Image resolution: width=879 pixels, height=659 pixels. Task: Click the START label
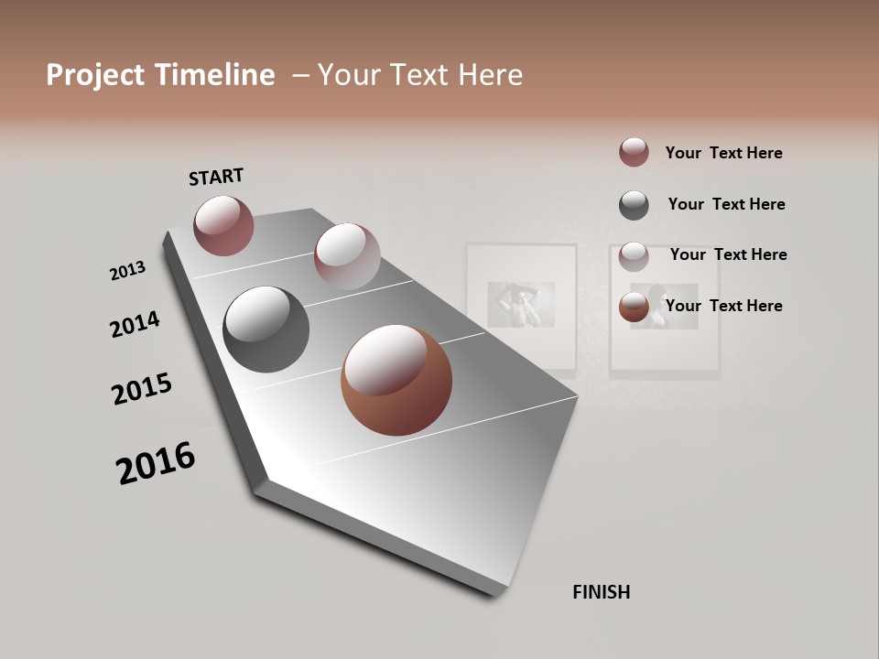[216, 177]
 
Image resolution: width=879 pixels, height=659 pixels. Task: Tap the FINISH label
[601, 592]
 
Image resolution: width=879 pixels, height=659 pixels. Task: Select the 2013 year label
[127, 271]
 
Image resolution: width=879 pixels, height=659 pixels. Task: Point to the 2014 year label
[135, 324]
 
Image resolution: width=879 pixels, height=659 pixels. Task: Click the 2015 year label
[142, 389]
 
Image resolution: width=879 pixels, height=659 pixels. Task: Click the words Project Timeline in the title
[160, 75]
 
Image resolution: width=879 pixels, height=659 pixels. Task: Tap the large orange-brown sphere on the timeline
[396, 379]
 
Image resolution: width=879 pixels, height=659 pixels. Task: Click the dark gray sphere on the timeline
[266, 329]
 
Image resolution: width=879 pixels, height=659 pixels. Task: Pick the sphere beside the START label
[223, 225]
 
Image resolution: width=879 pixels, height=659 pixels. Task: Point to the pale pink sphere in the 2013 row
[347, 256]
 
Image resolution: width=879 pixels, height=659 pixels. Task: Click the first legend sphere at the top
[634, 152]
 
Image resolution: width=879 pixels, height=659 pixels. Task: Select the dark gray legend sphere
[634, 205]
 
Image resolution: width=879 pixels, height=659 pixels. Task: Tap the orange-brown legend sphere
[634, 308]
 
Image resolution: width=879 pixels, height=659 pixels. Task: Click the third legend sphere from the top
[634, 256]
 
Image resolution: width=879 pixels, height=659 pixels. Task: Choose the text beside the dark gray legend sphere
[726, 204]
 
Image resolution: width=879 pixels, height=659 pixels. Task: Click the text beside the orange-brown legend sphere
[723, 306]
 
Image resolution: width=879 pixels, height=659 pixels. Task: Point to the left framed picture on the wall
[521, 308]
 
